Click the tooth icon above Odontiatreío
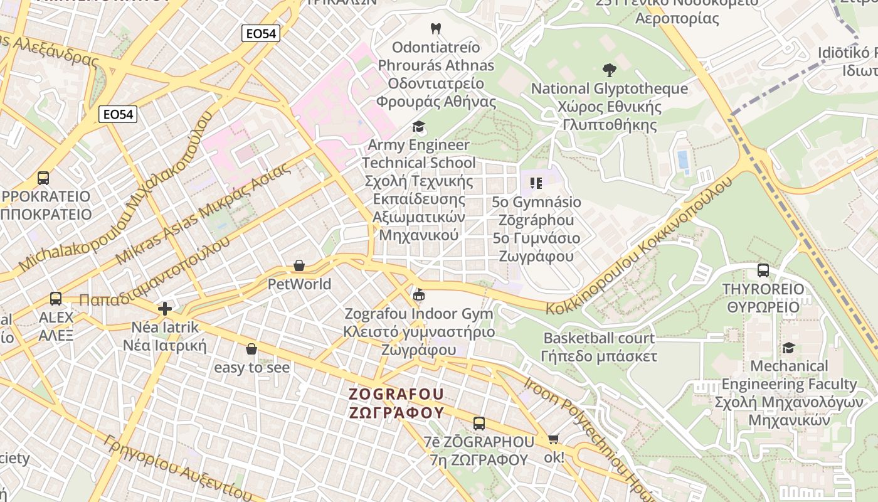click(436, 28)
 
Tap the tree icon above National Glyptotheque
click(609, 70)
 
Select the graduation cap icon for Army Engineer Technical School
click(418, 127)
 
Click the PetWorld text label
click(299, 284)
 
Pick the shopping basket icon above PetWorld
click(299, 266)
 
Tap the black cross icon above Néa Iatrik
click(165, 309)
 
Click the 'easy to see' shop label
click(252, 367)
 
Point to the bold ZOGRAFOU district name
click(396, 394)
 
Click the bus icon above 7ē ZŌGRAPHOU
click(479, 424)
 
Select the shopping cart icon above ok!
click(553, 439)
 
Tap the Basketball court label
click(599, 338)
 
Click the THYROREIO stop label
click(763, 289)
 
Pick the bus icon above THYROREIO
click(763, 270)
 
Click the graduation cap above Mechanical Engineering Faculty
click(788, 348)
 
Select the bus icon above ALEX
click(56, 299)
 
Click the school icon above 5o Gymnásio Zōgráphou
click(536, 183)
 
